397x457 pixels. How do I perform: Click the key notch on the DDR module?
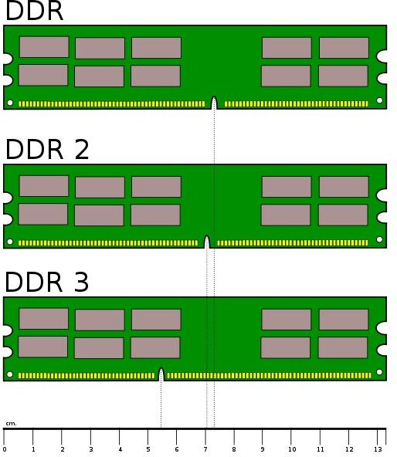tap(214, 103)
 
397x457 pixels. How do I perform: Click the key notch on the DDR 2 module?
tap(207, 242)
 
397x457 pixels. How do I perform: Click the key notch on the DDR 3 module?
tap(161, 375)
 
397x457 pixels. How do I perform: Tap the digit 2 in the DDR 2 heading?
tap(82, 150)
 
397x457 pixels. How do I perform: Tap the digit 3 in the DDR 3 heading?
tap(81, 282)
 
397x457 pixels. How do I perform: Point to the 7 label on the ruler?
tap(205, 449)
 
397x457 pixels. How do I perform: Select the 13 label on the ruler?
tap(378, 449)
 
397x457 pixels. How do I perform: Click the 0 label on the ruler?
tap(5, 450)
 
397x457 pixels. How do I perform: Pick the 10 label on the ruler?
tap(292, 449)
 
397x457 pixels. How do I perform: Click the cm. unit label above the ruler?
tap(11, 424)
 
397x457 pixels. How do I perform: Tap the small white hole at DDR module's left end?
tap(10, 103)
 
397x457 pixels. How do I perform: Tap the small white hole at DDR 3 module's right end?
tap(379, 372)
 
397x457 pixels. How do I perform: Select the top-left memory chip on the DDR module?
tap(44, 47)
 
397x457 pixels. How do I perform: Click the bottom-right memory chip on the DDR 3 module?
tap(343, 347)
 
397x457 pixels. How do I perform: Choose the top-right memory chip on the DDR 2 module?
tap(344, 187)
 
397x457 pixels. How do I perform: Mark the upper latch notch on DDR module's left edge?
tap(8, 59)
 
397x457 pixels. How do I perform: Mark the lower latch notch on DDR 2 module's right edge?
tap(382, 217)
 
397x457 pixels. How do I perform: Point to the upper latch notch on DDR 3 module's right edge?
tap(382, 328)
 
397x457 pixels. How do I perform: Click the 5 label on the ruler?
tap(148, 449)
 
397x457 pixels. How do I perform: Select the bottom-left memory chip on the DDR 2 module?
tap(43, 215)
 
